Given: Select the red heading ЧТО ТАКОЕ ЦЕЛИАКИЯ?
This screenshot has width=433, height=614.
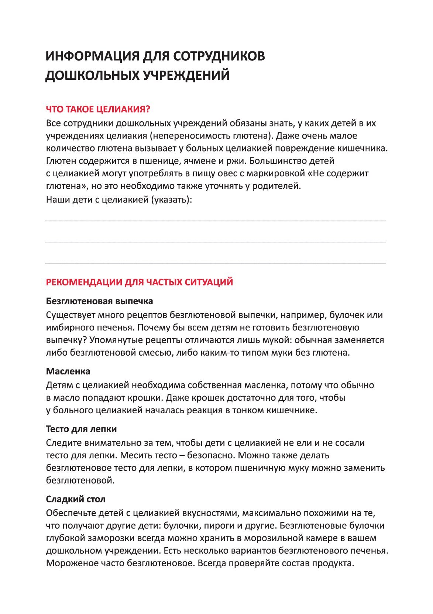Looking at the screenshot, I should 98,109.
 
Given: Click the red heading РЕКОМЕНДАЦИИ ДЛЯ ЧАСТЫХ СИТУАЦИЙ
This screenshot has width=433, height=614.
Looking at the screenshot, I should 139,282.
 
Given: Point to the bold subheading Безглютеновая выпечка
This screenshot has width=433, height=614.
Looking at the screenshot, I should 99,301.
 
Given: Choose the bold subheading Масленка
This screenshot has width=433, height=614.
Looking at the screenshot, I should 68,371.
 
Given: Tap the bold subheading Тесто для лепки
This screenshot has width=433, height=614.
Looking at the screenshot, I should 81,429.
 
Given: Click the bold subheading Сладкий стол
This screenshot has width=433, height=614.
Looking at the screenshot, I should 76,499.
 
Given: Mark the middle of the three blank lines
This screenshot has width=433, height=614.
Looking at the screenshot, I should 215,242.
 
